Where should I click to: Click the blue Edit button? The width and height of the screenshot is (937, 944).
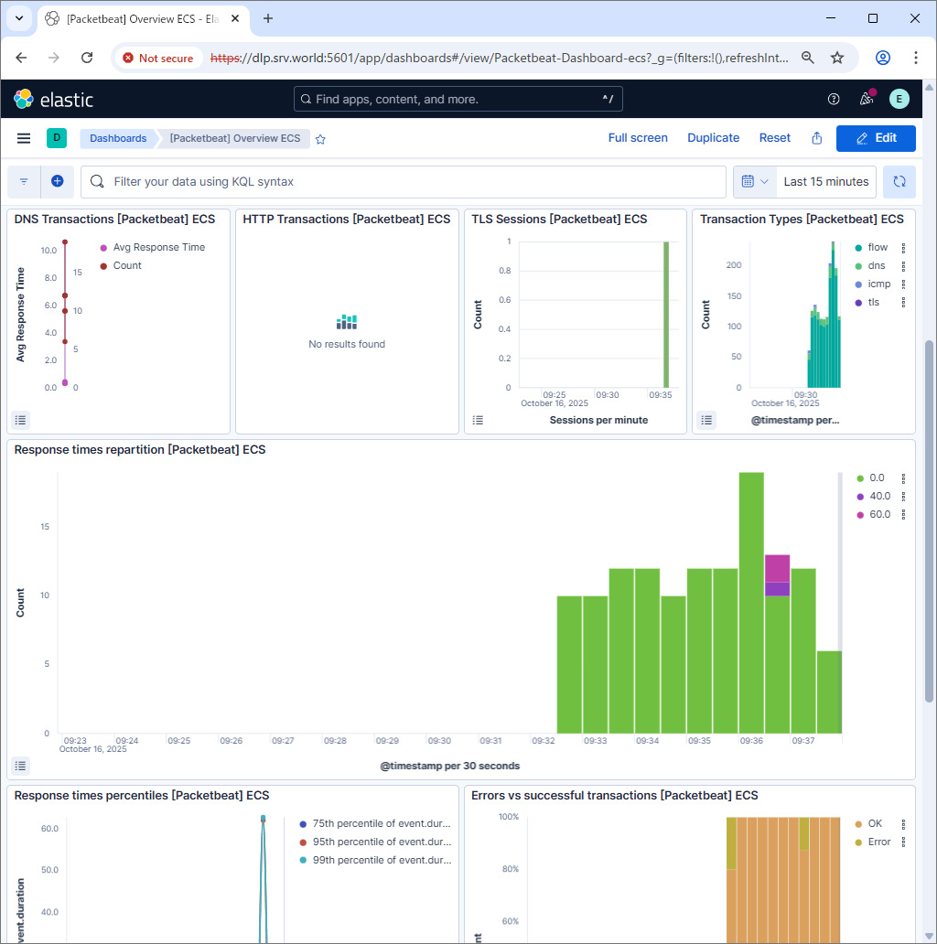(x=875, y=138)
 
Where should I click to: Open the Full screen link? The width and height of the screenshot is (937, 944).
(x=638, y=138)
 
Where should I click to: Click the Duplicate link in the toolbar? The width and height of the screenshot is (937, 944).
(x=713, y=138)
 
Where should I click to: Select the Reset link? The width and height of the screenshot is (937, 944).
(x=774, y=138)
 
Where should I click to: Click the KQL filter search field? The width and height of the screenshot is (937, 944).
(x=403, y=182)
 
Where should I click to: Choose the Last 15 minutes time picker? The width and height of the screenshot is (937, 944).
(x=825, y=182)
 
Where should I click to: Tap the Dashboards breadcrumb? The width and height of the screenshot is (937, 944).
(x=118, y=138)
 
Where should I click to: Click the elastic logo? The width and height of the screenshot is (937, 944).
(x=54, y=99)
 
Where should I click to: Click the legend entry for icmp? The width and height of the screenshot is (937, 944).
(x=878, y=284)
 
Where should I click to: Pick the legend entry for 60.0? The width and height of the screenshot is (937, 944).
(x=878, y=514)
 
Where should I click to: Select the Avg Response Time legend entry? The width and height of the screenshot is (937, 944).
(x=158, y=247)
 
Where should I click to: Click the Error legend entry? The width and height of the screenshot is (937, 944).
(x=878, y=842)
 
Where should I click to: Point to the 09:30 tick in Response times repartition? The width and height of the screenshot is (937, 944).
(x=440, y=740)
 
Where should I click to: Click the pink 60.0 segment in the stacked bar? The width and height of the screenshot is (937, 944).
(x=777, y=568)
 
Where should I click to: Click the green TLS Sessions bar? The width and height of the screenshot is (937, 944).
(x=666, y=314)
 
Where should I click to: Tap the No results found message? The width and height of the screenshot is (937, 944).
(x=347, y=344)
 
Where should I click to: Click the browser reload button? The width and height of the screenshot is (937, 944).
(x=87, y=58)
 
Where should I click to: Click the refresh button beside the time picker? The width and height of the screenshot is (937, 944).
(x=899, y=182)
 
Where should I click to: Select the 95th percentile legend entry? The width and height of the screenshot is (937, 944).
(x=381, y=842)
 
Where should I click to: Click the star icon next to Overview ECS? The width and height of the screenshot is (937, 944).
(x=320, y=139)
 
